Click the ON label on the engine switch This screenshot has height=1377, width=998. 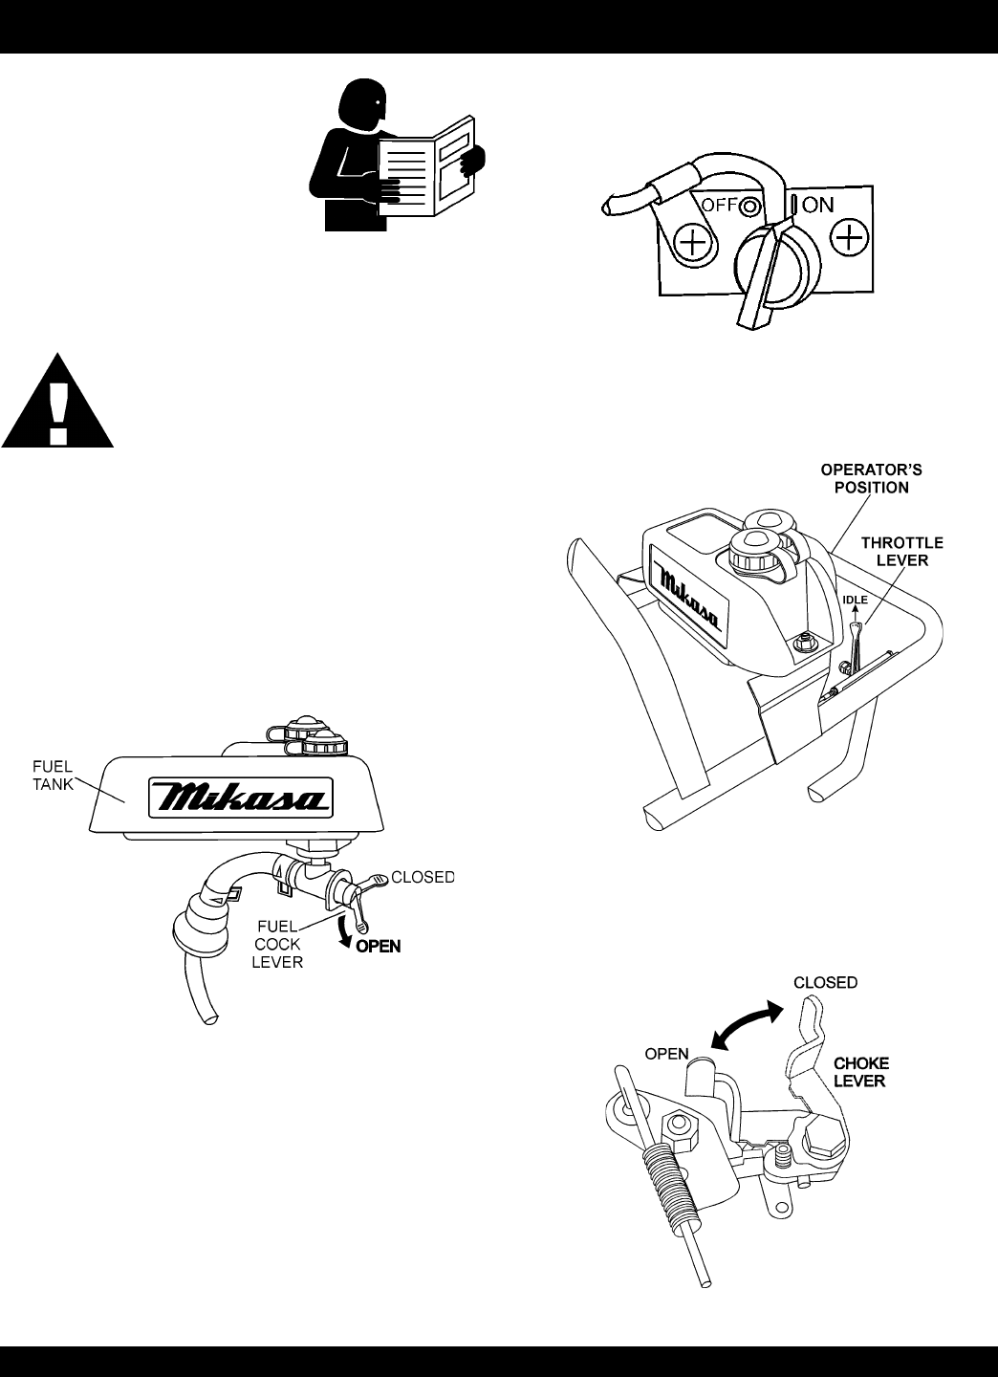click(x=818, y=204)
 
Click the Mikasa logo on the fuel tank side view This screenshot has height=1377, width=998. click(x=237, y=797)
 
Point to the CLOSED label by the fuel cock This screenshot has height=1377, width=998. click(x=422, y=876)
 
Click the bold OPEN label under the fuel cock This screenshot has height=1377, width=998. click(x=379, y=947)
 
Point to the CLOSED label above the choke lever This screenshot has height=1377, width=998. click(x=826, y=982)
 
